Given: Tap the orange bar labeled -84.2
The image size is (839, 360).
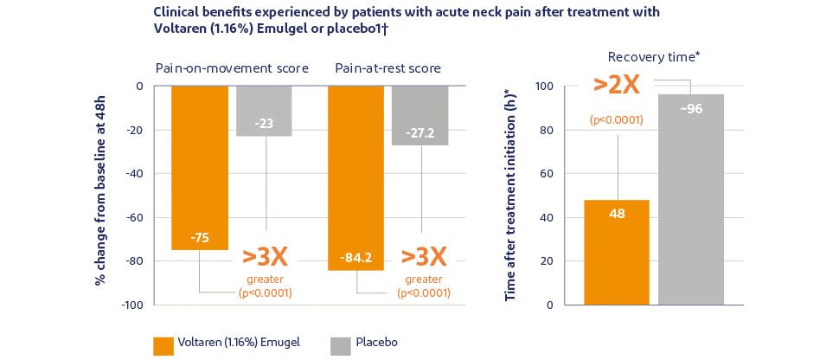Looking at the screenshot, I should (x=355, y=177).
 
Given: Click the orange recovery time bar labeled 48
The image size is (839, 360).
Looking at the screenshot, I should (x=617, y=252).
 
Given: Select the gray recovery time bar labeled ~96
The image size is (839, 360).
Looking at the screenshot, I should (x=691, y=199).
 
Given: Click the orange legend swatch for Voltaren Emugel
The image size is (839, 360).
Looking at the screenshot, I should (x=163, y=344).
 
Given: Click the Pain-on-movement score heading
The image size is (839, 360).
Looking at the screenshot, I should (x=232, y=68).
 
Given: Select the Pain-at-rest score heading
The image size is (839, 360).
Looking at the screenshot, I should (x=387, y=68).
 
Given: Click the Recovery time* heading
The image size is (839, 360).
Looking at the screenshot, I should (x=654, y=57).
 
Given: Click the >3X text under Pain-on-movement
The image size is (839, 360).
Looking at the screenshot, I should (x=265, y=256).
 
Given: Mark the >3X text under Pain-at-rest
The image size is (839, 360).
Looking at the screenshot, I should (x=424, y=256).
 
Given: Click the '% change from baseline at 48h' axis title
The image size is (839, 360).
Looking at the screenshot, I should (x=100, y=195).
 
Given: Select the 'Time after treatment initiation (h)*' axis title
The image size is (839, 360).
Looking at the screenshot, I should (x=510, y=195).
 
